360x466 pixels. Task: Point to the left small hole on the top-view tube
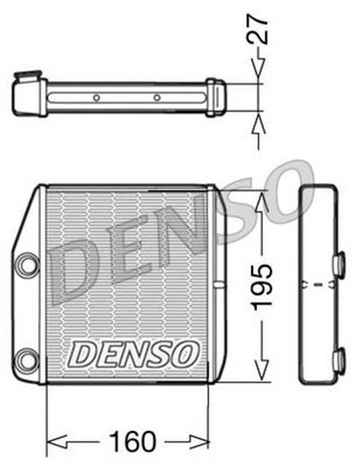95,98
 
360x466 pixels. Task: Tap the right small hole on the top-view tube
157,98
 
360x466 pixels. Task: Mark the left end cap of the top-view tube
28,95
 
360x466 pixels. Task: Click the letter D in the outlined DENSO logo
82,355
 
